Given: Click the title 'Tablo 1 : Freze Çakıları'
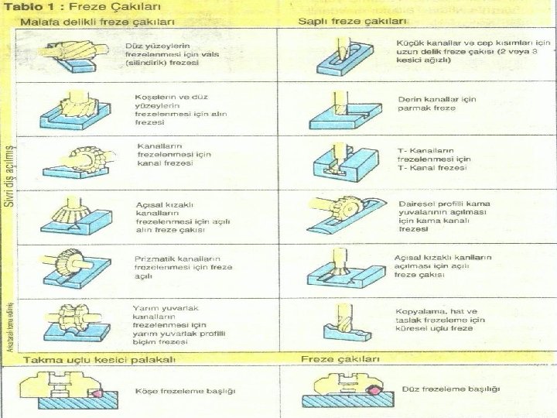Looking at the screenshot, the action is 70,7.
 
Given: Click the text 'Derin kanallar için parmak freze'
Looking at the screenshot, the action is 437,104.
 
